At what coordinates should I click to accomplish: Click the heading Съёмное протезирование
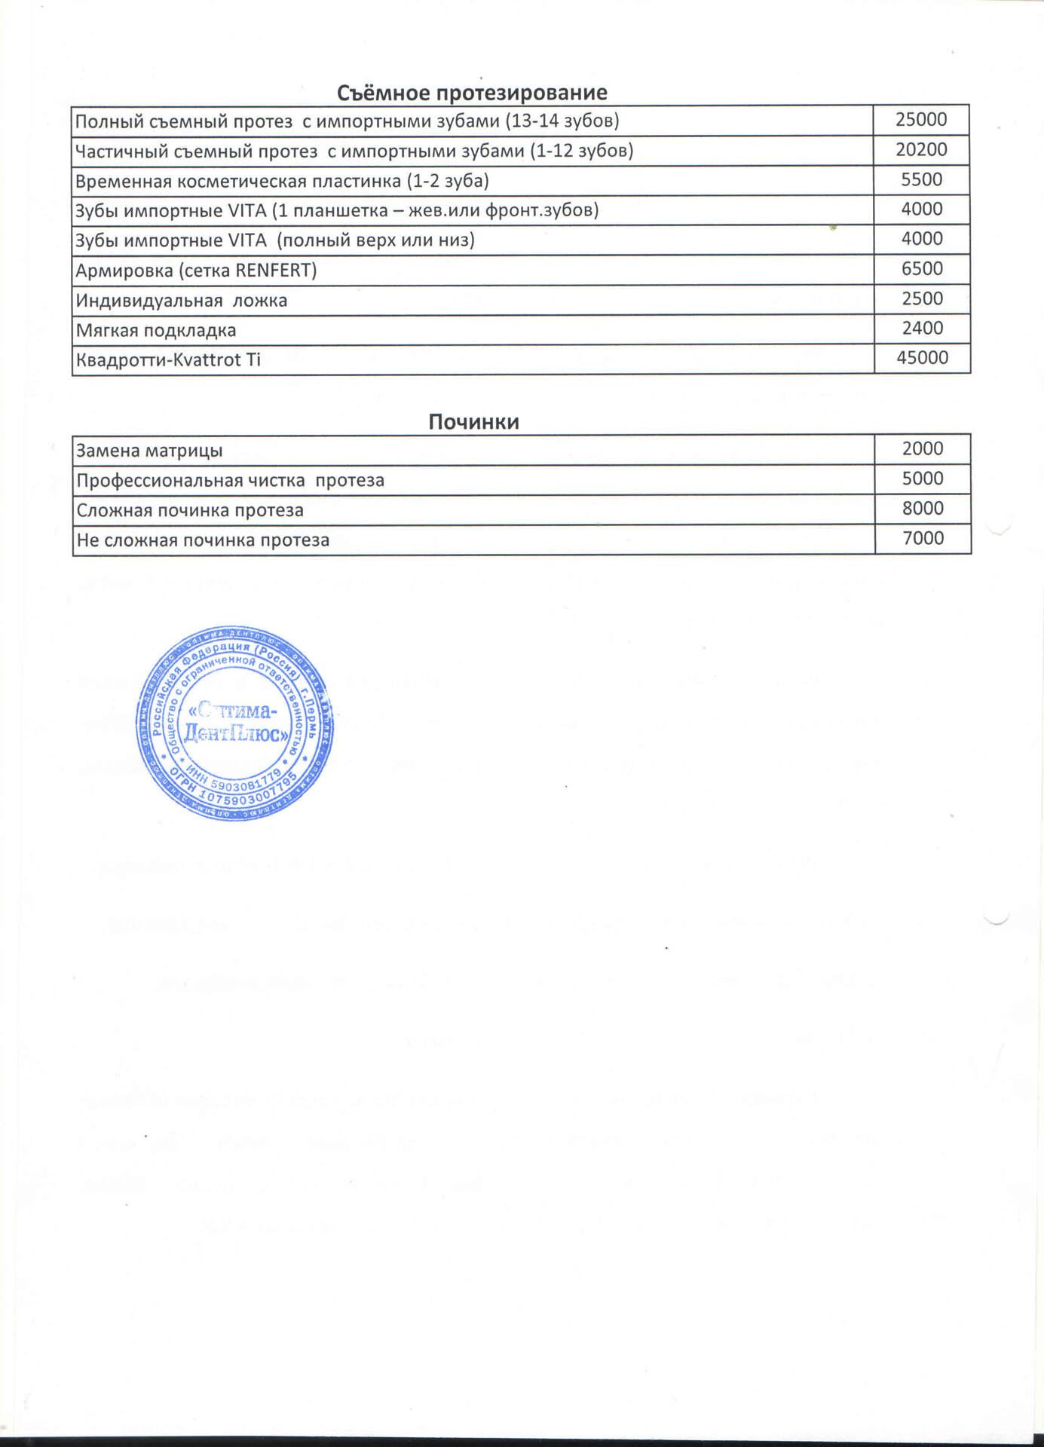point(472,93)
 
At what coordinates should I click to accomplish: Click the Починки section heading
point(473,421)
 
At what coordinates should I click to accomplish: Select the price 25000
point(921,120)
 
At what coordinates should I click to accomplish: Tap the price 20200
point(921,150)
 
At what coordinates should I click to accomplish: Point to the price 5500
point(922,179)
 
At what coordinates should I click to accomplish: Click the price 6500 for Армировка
point(922,268)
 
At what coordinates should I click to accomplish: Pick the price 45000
point(922,358)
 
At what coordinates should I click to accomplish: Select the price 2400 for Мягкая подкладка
point(922,328)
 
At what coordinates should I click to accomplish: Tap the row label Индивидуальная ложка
point(181,301)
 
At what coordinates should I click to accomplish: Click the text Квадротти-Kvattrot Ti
point(168,360)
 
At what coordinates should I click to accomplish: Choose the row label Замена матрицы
point(149,451)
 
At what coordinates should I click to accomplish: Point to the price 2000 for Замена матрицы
point(923,448)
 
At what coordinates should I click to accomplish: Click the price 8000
point(923,508)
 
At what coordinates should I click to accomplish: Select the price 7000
point(923,538)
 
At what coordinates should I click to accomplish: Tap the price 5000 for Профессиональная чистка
point(923,479)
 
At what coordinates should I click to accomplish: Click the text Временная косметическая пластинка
point(238,182)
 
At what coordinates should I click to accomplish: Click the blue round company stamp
point(235,723)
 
